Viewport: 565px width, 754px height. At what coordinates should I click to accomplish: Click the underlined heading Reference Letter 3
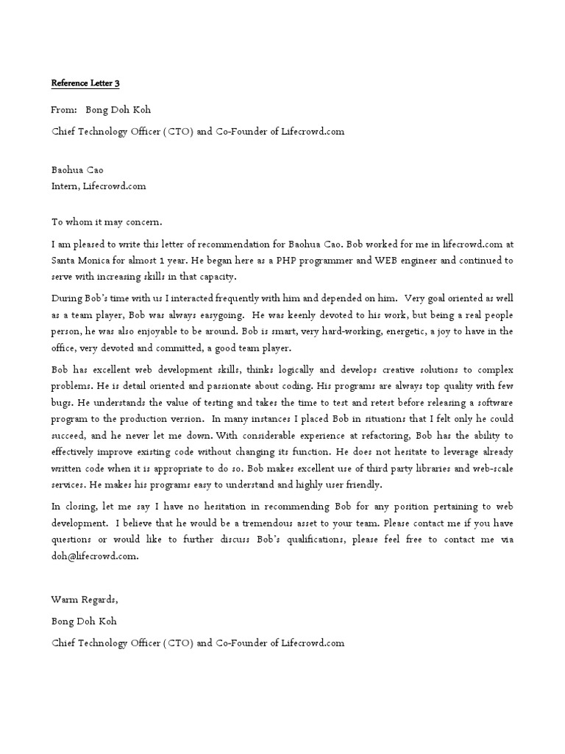point(85,84)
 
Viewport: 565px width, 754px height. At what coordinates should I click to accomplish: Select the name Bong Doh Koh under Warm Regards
point(83,621)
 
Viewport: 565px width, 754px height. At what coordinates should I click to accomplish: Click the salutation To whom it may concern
point(106,222)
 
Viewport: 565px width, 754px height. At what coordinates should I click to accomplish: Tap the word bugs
point(63,402)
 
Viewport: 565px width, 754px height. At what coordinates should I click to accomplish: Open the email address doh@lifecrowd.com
point(94,557)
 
